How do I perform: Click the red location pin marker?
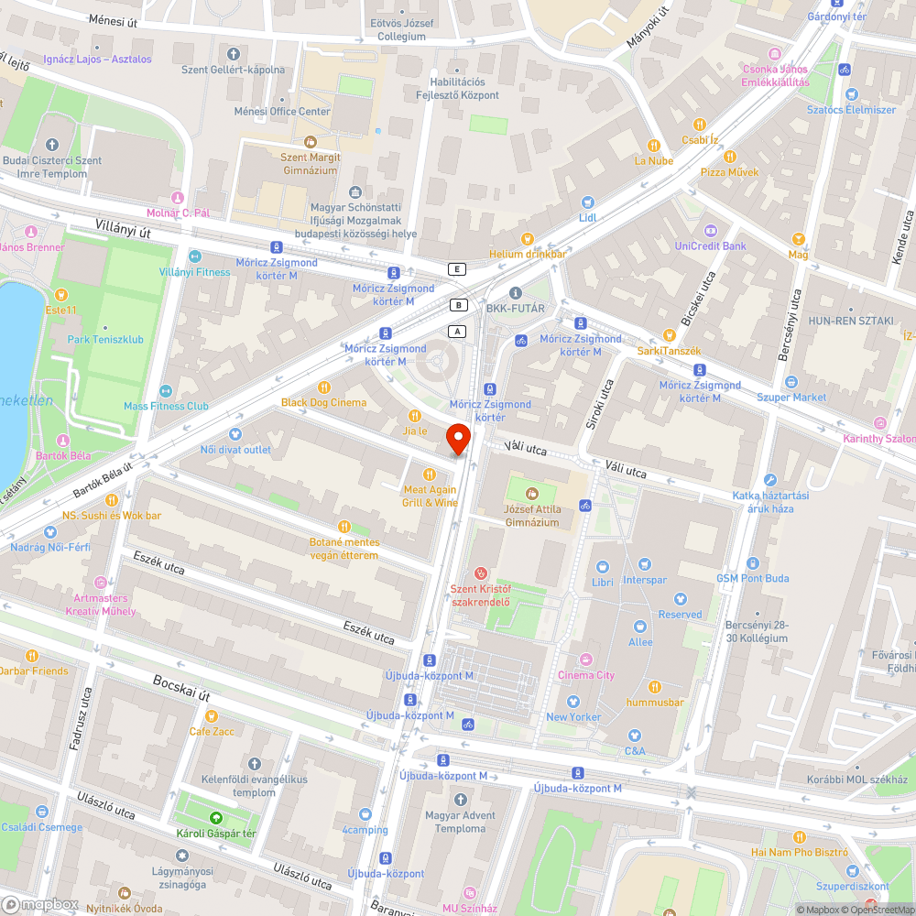point(458,439)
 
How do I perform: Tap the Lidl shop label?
point(587,217)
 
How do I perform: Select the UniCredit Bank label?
point(710,245)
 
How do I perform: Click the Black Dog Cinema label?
point(323,402)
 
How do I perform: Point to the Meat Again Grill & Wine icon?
point(429,474)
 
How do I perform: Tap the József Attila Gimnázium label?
point(531,515)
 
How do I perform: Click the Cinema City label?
point(586,675)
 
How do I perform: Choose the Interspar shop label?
point(645,580)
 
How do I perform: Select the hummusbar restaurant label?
point(655,702)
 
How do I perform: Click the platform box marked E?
point(457,268)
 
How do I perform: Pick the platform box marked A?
point(458,331)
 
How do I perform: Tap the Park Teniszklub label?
point(105,339)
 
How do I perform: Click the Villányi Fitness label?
point(194,272)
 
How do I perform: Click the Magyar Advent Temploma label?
point(461,822)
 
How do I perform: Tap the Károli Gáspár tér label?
point(216,833)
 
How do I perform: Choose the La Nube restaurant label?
point(654,160)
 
